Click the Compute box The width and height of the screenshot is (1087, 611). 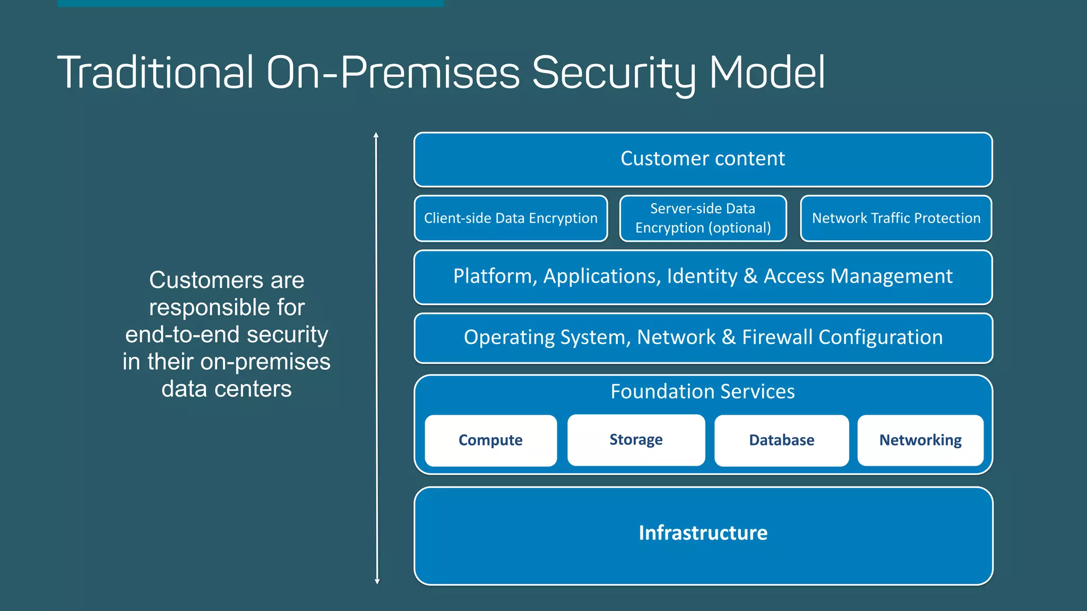click(x=490, y=440)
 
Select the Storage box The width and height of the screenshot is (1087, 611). click(x=636, y=440)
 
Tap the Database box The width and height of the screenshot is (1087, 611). click(x=781, y=440)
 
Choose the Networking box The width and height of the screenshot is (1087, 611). click(x=920, y=440)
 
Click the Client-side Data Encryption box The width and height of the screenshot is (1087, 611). click(x=511, y=219)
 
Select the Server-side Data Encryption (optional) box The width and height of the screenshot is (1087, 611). click(x=703, y=219)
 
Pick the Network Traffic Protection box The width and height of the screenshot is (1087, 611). click(x=896, y=219)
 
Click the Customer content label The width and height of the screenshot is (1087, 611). click(x=703, y=159)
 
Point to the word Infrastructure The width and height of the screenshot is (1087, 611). click(x=703, y=533)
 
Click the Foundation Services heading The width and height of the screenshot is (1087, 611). click(x=703, y=391)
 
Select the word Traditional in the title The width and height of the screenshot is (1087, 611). click(x=155, y=73)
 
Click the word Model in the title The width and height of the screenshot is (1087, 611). click(x=766, y=73)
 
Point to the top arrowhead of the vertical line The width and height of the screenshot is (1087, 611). click(x=376, y=135)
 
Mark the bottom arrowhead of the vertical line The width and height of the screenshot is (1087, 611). click(x=377, y=581)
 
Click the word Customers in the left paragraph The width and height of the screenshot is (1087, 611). click(x=205, y=280)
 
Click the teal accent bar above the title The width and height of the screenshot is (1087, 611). click(x=250, y=3)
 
